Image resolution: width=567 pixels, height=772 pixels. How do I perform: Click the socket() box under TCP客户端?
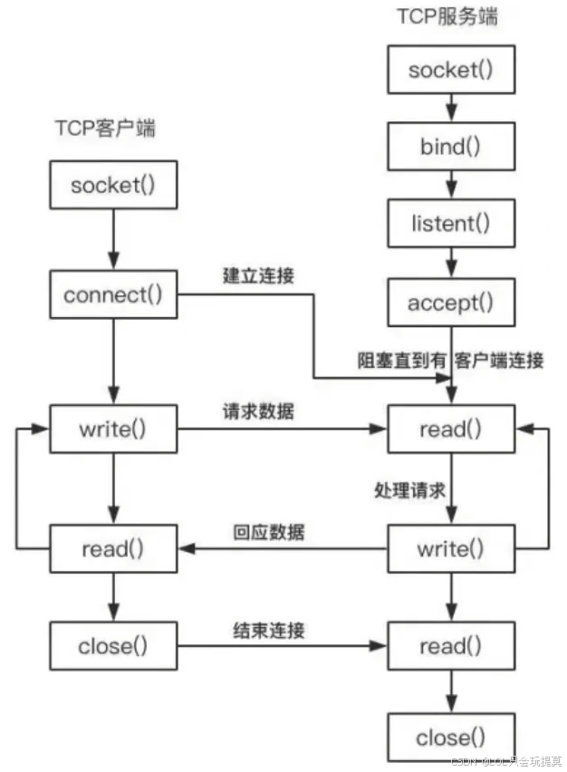click(113, 185)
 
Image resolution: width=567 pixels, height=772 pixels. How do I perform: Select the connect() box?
click(113, 294)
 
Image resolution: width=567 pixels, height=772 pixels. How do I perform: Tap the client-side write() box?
click(113, 429)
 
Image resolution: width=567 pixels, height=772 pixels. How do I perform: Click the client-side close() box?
click(113, 646)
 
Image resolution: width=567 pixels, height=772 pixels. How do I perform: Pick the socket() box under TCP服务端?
click(451, 70)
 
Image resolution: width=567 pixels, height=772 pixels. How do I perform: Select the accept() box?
click(451, 302)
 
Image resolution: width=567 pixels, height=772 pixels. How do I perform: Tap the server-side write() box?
click(451, 548)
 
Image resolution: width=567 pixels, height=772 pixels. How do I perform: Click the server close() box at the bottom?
click(451, 738)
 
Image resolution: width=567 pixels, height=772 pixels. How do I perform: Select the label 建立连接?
click(258, 275)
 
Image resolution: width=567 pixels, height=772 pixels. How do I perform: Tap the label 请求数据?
click(258, 410)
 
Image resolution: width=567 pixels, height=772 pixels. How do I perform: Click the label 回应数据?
click(269, 531)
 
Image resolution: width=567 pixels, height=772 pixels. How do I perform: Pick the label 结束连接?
click(269, 629)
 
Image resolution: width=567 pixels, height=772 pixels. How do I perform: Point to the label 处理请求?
click(409, 490)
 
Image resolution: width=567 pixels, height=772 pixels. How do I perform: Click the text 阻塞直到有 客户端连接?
click(449, 360)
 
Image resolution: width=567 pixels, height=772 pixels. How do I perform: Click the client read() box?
click(113, 548)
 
